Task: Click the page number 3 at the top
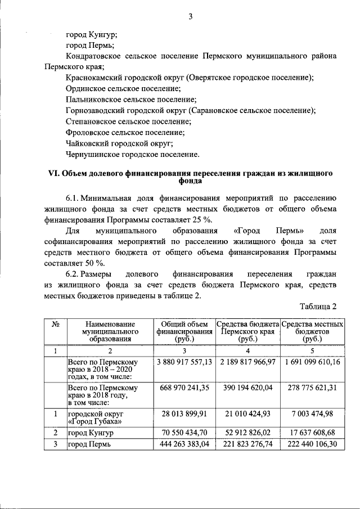coord(190,16)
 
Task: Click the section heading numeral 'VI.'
coord(52,174)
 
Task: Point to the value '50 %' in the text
coord(92,263)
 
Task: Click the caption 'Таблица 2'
coord(318,307)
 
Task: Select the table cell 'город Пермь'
coord(88,444)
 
